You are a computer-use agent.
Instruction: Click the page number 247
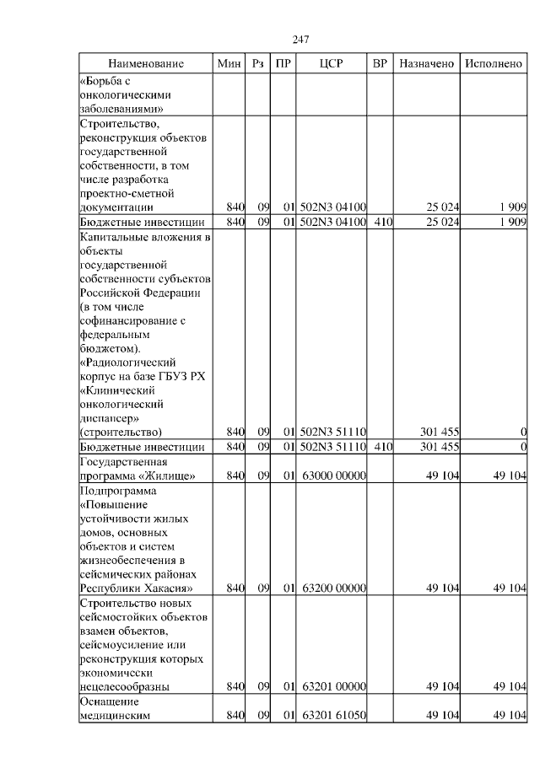point(300,40)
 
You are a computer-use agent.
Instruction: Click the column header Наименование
point(145,64)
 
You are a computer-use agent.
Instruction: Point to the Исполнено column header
point(494,64)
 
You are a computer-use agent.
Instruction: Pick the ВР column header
point(380,64)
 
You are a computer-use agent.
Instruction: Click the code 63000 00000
point(332,476)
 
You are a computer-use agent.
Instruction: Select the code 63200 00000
point(332,588)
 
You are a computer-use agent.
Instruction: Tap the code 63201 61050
point(332,715)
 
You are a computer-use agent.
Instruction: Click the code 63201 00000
point(332,687)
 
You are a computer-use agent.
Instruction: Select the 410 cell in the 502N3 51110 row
point(381,446)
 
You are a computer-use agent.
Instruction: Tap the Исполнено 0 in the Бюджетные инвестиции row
point(523,446)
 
